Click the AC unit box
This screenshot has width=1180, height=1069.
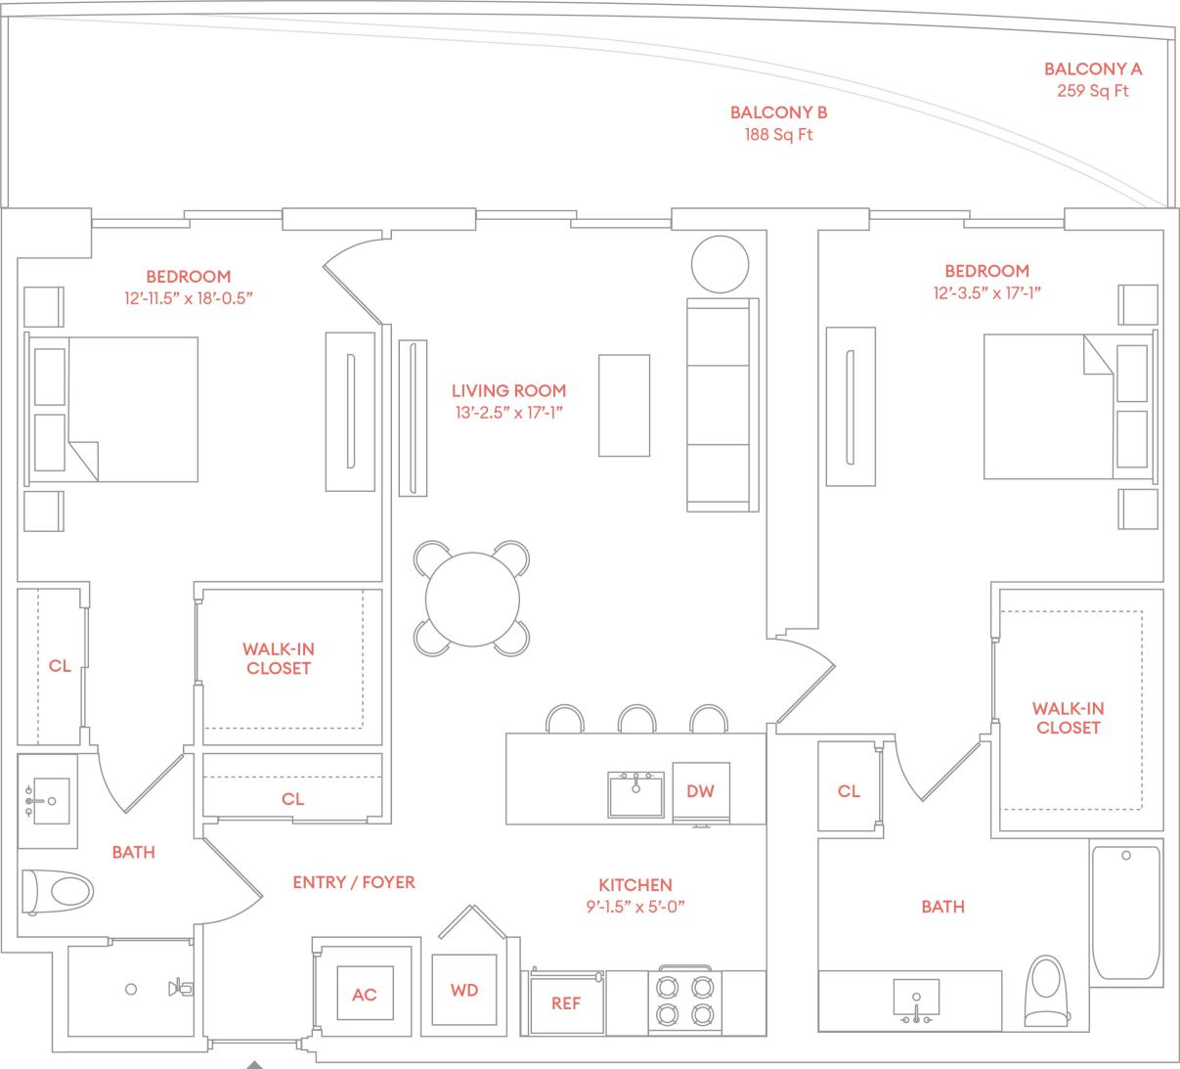click(364, 994)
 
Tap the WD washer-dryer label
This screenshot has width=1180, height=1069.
click(464, 990)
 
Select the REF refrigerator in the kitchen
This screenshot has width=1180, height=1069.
click(566, 1002)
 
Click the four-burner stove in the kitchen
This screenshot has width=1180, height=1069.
click(684, 1000)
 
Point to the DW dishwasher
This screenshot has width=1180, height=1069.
click(700, 791)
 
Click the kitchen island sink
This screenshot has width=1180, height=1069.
click(635, 794)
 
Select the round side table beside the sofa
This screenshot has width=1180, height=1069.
click(720, 264)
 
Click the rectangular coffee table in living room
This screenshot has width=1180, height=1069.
click(624, 405)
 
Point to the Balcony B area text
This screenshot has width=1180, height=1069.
click(778, 135)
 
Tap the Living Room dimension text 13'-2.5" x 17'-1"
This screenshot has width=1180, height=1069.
click(508, 413)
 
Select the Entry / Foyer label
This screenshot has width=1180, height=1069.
click(354, 882)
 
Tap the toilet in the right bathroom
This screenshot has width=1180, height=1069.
click(1047, 990)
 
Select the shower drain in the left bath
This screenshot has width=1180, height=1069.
click(131, 989)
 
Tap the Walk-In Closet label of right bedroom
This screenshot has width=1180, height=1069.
click(1068, 718)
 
